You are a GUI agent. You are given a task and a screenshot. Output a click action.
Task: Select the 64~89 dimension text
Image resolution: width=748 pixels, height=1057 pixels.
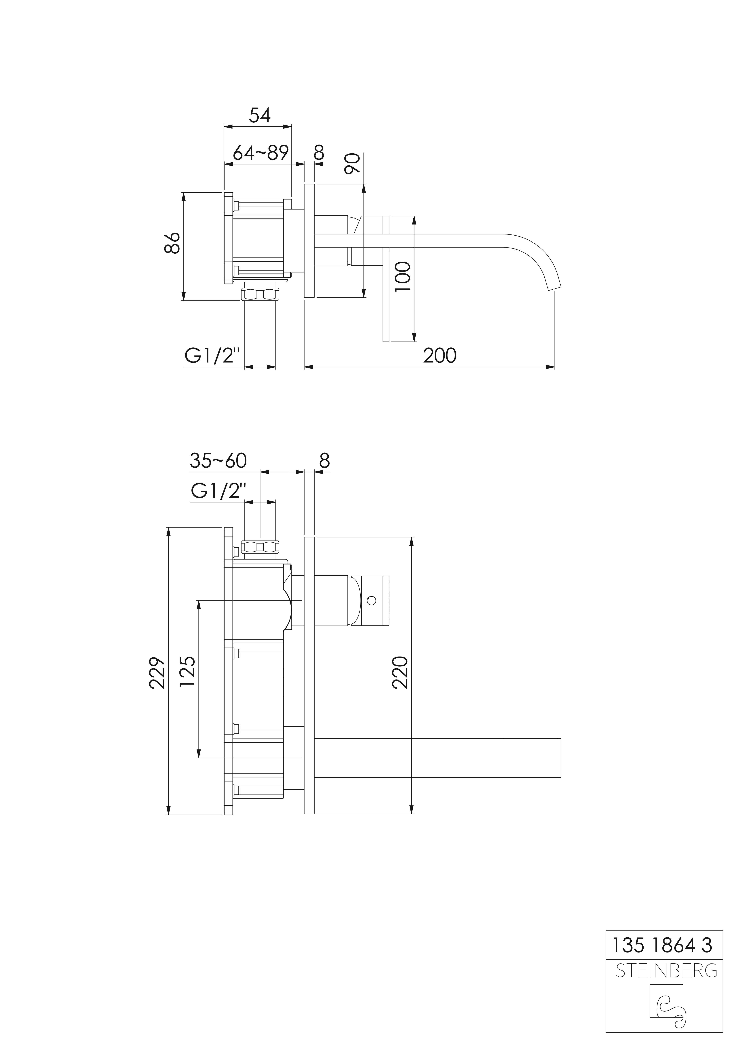(261, 152)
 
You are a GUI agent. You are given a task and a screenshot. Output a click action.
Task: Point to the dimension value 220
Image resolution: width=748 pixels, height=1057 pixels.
(400, 673)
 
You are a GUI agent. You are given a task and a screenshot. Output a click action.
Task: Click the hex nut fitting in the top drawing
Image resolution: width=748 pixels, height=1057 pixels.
(260, 294)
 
